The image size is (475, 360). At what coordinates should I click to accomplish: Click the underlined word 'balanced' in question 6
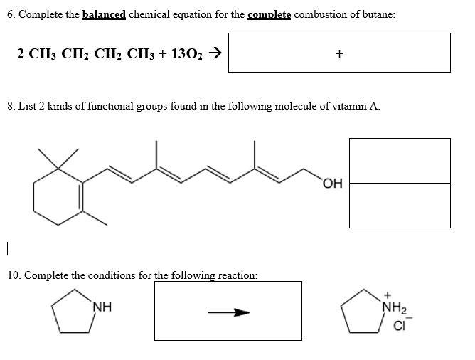(x=104, y=14)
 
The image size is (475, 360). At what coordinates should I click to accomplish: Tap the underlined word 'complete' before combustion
(x=269, y=14)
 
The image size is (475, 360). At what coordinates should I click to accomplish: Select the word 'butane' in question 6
(x=378, y=14)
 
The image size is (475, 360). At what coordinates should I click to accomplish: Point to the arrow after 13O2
(x=213, y=53)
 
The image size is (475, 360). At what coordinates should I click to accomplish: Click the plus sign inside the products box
(x=339, y=53)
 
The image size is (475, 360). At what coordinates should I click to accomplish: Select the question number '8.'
(x=11, y=106)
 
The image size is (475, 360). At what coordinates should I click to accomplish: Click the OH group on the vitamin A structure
(x=332, y=184)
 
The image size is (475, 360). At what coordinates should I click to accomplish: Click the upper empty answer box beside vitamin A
(x=400, y=160)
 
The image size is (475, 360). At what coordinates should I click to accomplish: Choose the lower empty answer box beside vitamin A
(x=400, y=206)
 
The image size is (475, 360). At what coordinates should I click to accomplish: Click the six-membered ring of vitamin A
(x=58, y=191)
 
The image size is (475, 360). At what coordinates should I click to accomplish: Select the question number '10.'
(x=14, y=275)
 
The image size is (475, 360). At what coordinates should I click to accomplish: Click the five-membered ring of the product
(x=362, y=314)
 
